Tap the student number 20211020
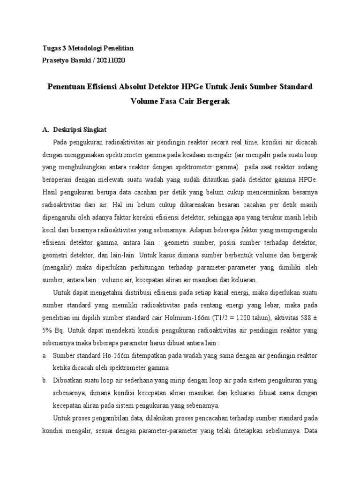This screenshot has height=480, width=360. [110, 60]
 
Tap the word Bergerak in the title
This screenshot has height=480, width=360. [212, 101]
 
